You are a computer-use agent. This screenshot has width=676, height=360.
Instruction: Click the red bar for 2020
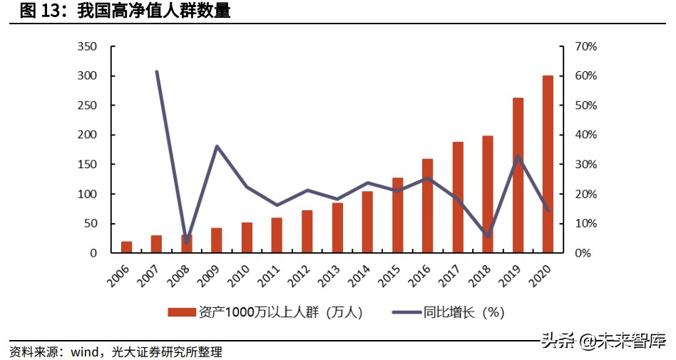548,164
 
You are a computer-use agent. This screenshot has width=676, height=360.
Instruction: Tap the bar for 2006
126,247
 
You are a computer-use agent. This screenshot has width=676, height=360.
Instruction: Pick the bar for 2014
367,222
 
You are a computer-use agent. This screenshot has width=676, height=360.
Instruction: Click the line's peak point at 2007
156,71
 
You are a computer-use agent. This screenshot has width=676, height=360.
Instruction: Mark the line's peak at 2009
217,146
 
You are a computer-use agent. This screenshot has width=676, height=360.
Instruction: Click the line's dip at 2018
488,236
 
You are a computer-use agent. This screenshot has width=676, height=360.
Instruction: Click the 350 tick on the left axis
87,46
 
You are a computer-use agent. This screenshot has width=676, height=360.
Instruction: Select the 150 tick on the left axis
87,165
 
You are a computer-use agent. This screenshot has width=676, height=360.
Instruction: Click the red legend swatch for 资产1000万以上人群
182,312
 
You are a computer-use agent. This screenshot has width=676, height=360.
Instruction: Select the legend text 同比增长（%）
464,312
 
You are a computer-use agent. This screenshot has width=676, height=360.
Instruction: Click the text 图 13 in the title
39,11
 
